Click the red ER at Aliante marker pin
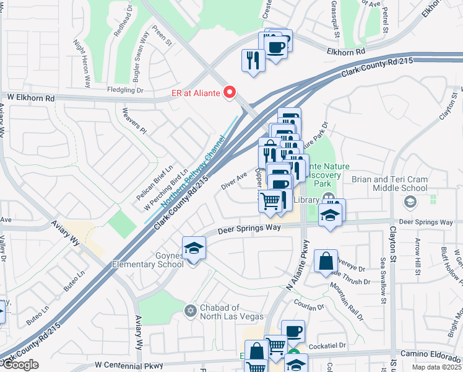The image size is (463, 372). click(230, 93)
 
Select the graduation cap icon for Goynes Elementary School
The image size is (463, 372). click(194, 249)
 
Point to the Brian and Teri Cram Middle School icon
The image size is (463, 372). click(410, 201)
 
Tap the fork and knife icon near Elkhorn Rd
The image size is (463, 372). click(253, 60)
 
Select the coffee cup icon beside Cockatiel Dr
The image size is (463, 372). click(292, 331)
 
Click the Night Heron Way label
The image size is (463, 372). click(82, 63)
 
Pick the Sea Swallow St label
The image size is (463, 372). click(384, 277)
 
